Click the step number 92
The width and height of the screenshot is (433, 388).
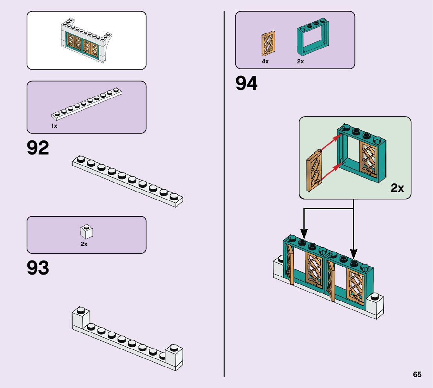(38, 148)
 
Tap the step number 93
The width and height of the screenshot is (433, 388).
(38, 268)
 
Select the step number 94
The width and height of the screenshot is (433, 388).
(247, 83)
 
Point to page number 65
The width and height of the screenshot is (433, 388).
(417, 374)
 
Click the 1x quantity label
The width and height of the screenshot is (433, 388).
(54, 126)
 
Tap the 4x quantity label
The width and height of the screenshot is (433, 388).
(265, 61)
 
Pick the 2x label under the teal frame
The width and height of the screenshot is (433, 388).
(300, 61)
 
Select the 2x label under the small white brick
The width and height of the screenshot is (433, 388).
(84, 244)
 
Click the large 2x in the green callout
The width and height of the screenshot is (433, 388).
(397, 188)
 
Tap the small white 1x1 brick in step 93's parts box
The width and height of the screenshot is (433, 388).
(86, 232)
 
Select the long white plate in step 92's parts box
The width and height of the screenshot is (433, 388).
(87, 104)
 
